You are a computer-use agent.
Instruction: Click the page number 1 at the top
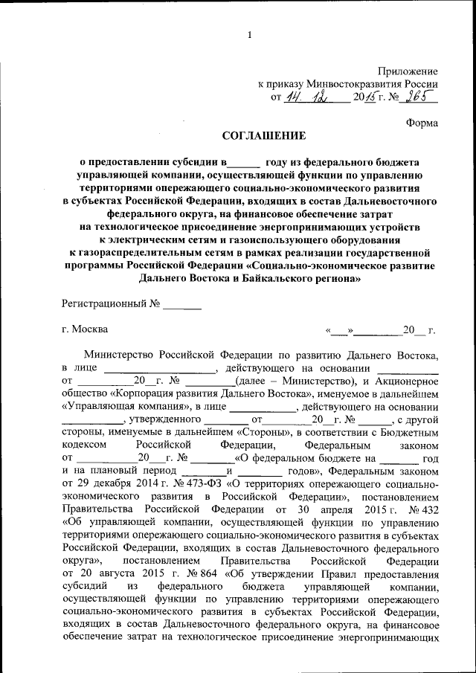(x=250, y=34)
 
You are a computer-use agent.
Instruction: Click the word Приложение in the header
(x=408, y=70)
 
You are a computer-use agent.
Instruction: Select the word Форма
(x=422, y=122)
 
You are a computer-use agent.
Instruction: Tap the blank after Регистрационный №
(x=182, y=304)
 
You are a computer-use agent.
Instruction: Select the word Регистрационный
(x=104, y=304)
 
